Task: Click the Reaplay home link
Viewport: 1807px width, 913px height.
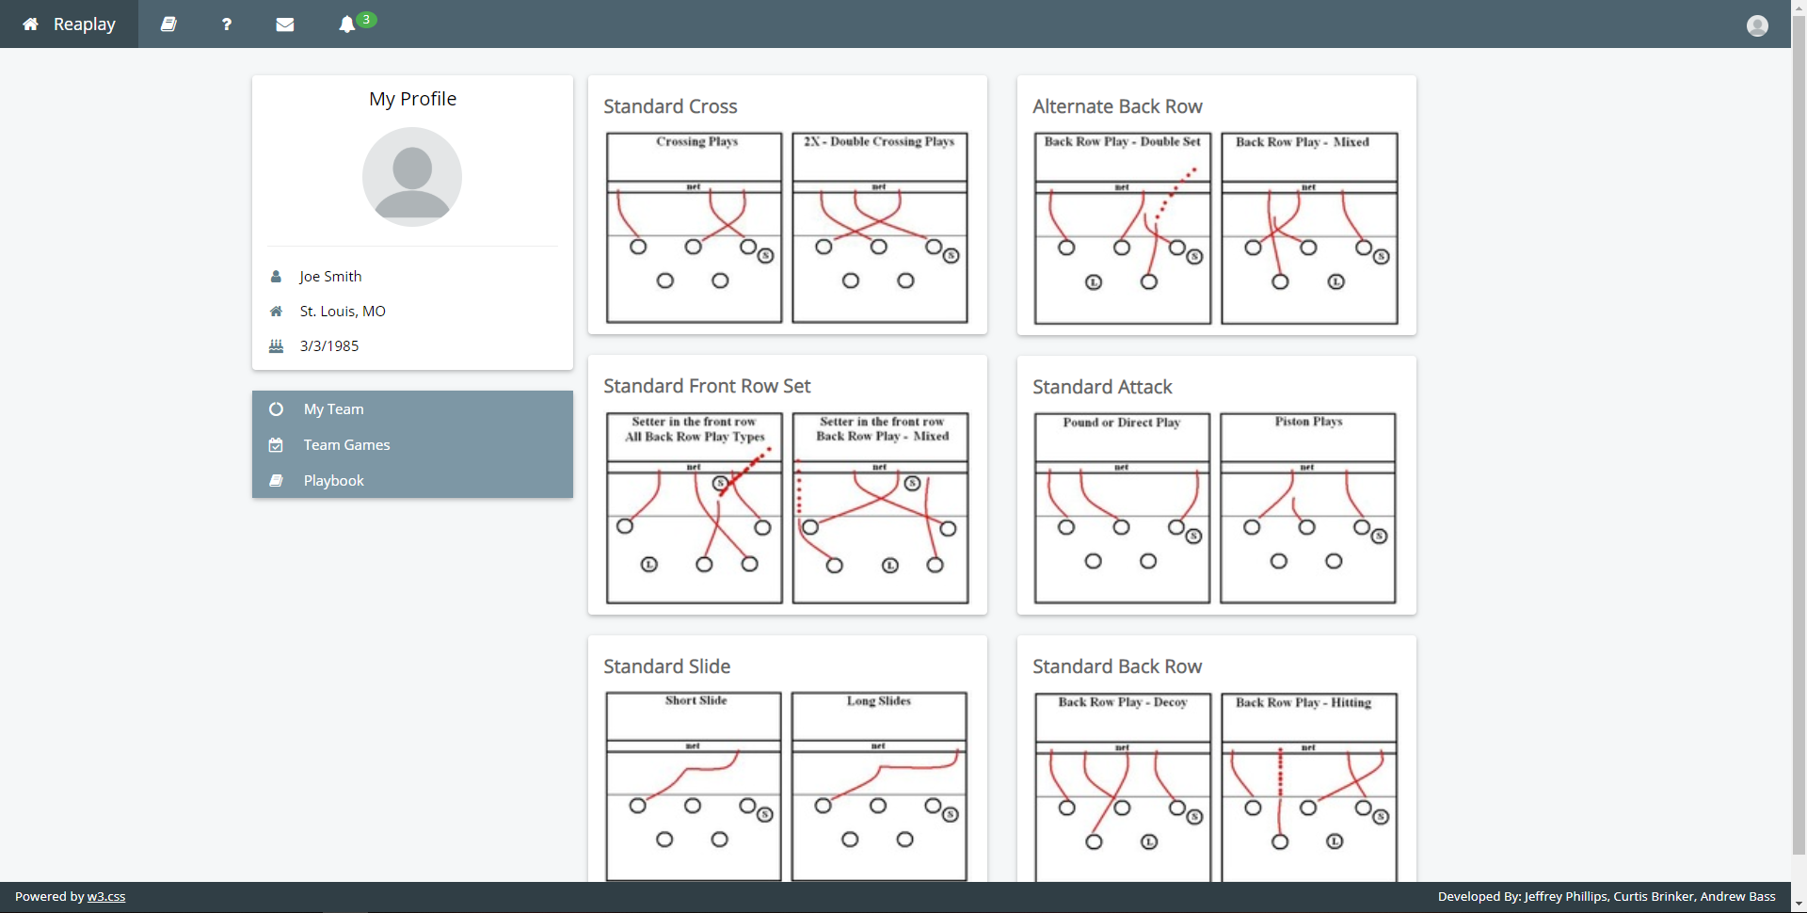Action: click(69, 24)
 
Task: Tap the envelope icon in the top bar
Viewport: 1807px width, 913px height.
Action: click(285, 24)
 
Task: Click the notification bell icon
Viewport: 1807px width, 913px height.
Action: click(347, 24)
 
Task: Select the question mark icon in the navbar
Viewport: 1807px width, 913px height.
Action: click(227, 24)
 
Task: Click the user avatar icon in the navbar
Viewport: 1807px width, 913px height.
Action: click(1757, 25)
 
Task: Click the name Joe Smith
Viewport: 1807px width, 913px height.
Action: click(330, 276)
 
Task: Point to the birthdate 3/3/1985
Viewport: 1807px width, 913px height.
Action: click(329, 345)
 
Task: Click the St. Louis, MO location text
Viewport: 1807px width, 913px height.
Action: click(343, 311)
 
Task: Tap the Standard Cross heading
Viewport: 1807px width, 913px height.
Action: click(670, 106)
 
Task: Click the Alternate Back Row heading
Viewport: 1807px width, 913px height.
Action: click(1117, 106)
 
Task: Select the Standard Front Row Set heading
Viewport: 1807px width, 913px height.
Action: click(707, 386)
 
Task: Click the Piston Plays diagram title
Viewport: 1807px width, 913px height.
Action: click(1308, 422)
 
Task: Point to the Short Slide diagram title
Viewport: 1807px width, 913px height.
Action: click(696, 700)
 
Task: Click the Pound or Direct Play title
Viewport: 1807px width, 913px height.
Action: click(1121, 423)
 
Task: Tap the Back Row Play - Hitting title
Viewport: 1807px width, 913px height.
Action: click(1303, 702)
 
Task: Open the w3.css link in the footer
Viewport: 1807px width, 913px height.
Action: click(106, 896)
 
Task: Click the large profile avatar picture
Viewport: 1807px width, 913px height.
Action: click(412, 177)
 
